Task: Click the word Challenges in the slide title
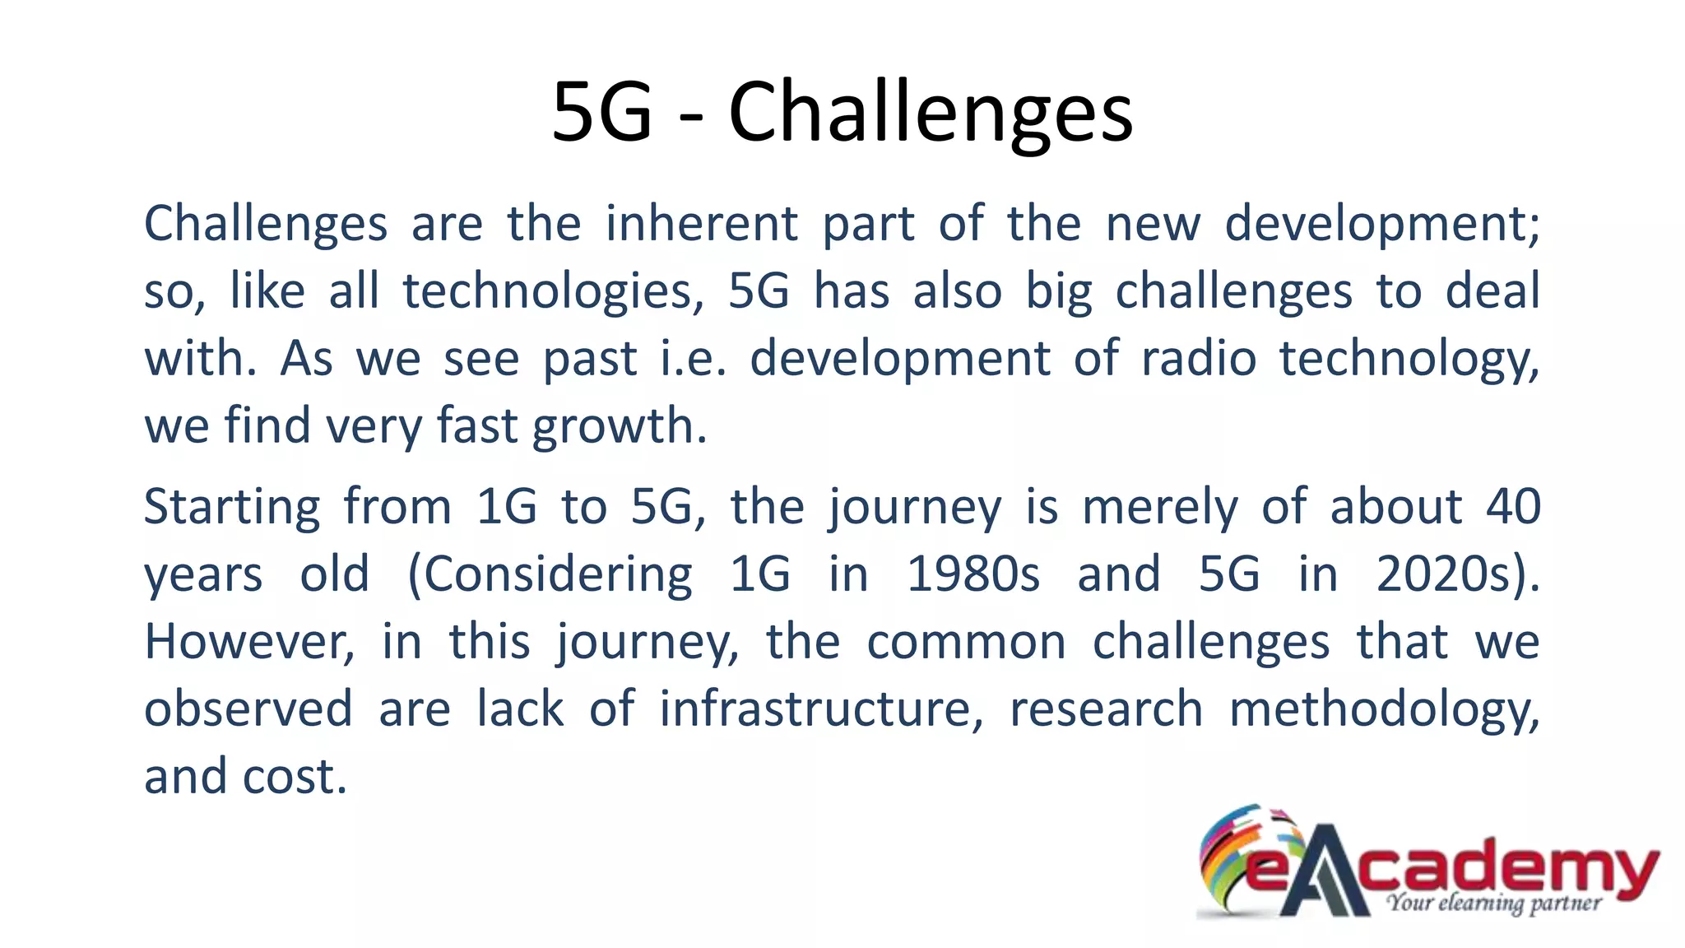931,113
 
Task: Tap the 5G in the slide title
601,113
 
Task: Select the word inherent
702,224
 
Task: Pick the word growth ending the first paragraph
619,427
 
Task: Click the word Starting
232,507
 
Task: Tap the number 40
1512,507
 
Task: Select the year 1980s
973,574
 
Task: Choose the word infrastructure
820,709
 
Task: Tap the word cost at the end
295,777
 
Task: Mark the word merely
1159,509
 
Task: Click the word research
1106,709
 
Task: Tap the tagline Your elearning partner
1493,904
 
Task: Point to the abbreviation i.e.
694,360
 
